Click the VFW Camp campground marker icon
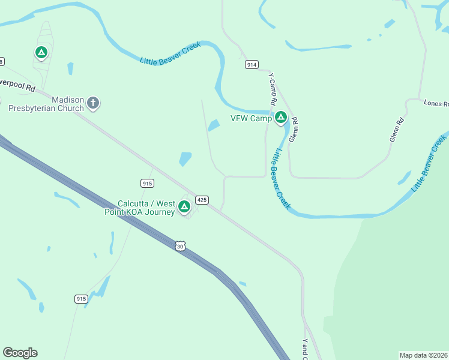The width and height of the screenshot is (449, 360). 280,118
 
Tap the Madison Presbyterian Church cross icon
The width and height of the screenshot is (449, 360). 92,103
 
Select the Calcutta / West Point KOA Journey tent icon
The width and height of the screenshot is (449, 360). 184,207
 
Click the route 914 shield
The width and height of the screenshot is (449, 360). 252,64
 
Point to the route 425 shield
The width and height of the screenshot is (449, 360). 202,199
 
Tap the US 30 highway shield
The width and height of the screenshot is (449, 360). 181,246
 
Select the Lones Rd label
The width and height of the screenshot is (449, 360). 436,103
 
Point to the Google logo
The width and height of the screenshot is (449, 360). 20,353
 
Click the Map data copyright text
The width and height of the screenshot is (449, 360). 423,355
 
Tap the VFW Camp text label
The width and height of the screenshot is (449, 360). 252,118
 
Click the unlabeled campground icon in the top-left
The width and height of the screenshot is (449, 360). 41,53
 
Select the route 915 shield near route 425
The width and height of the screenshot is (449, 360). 147,183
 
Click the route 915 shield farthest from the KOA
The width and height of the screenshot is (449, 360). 82,298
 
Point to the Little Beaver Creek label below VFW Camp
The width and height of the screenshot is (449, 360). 280,179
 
